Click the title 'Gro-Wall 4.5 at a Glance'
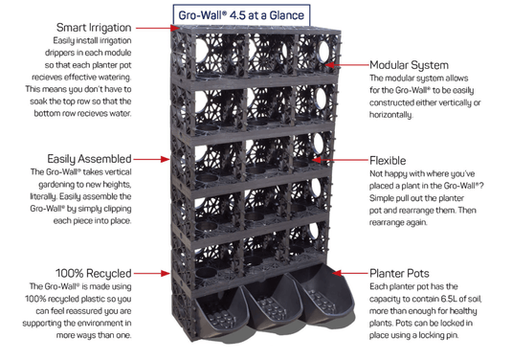click(x=241, y=15)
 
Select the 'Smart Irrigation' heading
click(x=94, y=28)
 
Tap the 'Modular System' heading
click(x=409, y=65)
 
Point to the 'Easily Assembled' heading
click(x=89, y=159)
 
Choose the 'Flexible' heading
click(x=388, y=161)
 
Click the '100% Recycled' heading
click(x=94, y=273)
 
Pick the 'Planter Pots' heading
click(x=399, y=273)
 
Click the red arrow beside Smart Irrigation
click(x=158, y=28)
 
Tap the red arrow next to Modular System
click(x=347, y=65)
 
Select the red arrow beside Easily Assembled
click(x=152, y=159)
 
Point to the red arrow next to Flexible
click(x=340, y=160)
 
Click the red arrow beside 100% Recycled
click(x=152, y=273)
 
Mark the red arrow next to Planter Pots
click(x=350, y=273)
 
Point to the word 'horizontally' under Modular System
click(x=390, y=115)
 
